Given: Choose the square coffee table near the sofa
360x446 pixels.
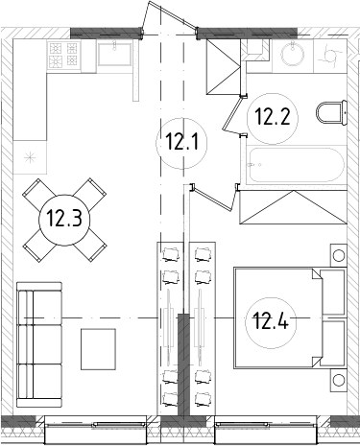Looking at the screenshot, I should tap(99, 348).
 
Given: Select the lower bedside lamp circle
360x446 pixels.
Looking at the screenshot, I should tap(337, 383).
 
